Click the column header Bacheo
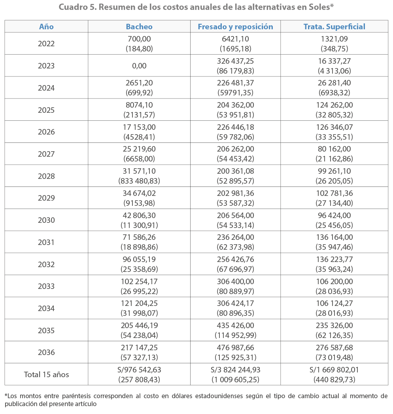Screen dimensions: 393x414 [x=139, y=27]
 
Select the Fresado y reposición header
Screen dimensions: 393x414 [x=235, y=27]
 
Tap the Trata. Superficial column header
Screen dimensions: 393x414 [x=334, y=27]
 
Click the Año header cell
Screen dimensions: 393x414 [x=46, y=27]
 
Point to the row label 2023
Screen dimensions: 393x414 [x=46, y=66]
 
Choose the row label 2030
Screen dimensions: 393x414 [x=46, y=220]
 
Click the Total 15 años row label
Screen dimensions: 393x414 [x=46, y=374]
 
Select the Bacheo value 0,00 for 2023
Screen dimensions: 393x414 [x=139, y=66]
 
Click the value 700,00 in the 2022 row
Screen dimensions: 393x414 [x=139, y=39]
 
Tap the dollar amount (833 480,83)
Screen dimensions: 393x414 [x=139, y=181]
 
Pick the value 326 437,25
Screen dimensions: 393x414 [x=235, y=61]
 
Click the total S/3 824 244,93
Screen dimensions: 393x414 [x=235, y=370]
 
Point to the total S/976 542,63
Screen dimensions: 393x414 [x=139, y=370]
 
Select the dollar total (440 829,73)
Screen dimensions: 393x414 [x=334, y=380]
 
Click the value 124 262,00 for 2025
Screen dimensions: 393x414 [x=334, y=105]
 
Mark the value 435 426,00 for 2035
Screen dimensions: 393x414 [x=235, y=326]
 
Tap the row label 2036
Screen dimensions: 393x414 [x=46, y=352]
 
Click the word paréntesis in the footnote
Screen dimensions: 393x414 [x=76, y=396]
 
